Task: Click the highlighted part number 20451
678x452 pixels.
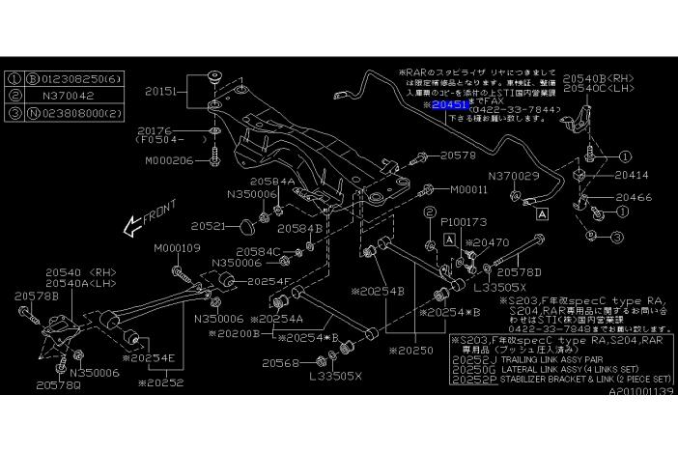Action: [452, 103]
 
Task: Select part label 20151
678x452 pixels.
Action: [163, 94]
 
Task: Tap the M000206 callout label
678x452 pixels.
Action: [170, 161]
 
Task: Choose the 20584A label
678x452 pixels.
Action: [272, 181]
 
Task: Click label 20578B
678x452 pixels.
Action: [36, 295]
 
